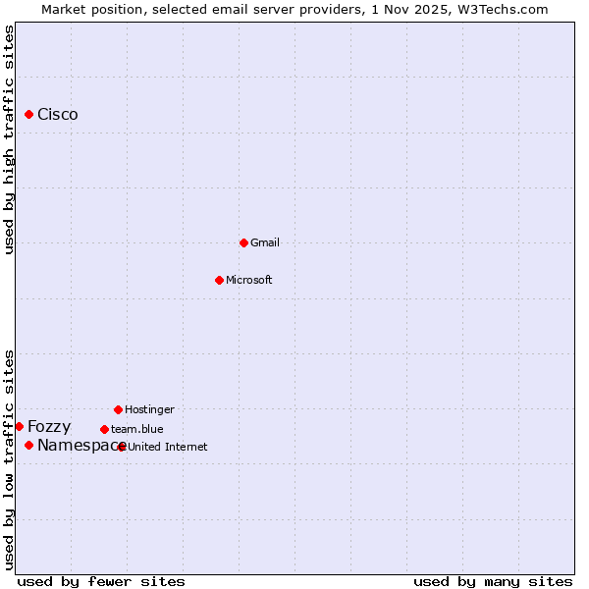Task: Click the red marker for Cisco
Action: tap(29, 115)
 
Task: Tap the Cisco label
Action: tap(58, 115)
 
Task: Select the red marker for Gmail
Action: tap(243, 242)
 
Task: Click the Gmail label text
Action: tap(265, 242)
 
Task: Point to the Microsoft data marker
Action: tap(219, 280)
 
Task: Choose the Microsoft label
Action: tap(249, 280)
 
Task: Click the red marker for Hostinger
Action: tap(118, 409)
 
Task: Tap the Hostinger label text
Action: tap(149, 409)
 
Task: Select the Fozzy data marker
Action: tap(20, 426)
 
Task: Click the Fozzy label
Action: tap(49, 426)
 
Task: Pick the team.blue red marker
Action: tap(104, 429)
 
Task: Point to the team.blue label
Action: tap(137, 429)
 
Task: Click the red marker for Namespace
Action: tap(29, 446)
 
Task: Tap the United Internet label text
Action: tap(168, 447)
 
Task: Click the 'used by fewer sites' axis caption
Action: tap(101, 581)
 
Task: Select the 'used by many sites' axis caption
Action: tap(493, 581)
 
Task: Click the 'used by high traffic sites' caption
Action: tap(9, 139)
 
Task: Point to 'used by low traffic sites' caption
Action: tap(9, 459)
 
